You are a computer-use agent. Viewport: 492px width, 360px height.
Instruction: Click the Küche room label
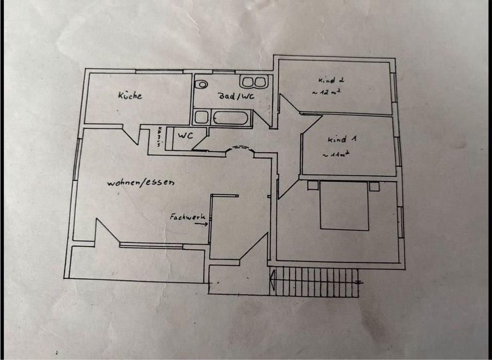point(130,95)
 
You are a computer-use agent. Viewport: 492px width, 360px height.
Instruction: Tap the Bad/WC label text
point(236,96)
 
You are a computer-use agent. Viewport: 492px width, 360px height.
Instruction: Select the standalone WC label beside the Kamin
point(184,136)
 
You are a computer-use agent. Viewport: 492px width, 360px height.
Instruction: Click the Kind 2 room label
point(331,81)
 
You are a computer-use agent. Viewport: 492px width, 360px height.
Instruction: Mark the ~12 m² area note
point(326,93)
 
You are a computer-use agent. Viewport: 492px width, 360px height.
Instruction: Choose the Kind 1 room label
point(339,139)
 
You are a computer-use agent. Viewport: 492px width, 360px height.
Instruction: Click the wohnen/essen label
point(141,183)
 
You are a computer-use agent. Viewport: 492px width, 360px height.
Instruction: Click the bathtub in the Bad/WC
point(229,117)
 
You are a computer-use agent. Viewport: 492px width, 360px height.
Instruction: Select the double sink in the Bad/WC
point(253,83)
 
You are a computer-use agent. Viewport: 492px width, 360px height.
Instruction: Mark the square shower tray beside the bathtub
point(200,117)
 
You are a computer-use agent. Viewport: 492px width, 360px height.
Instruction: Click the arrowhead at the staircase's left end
point(273,281)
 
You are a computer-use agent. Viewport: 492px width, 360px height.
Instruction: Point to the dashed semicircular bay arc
point(240,148)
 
